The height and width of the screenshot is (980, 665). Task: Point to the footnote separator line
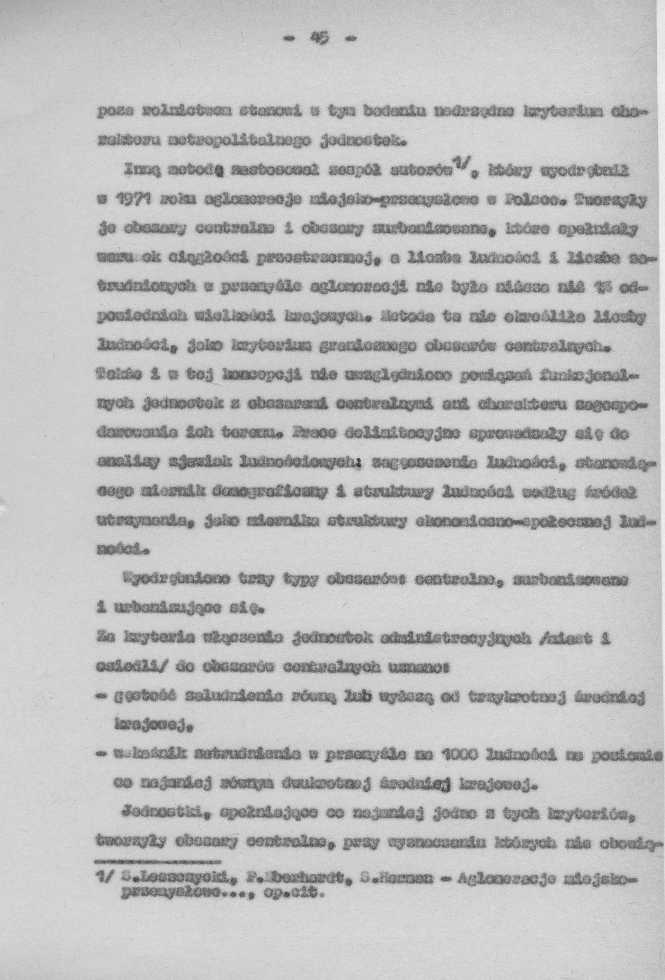158,861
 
